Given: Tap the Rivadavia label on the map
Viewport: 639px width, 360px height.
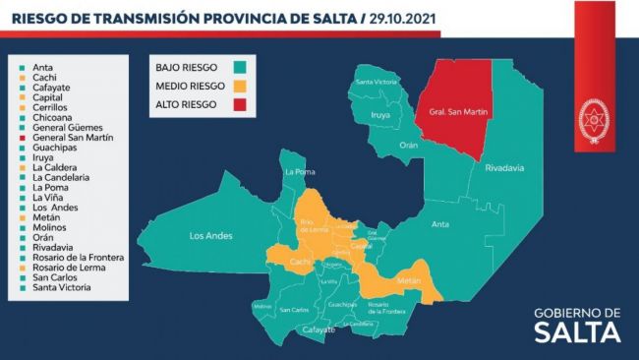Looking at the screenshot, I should point(502,167).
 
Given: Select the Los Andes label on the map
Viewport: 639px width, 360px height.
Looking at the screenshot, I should point(210,236).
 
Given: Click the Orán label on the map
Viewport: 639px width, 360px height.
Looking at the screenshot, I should point(408,145).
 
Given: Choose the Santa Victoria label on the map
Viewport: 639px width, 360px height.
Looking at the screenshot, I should point(377,82).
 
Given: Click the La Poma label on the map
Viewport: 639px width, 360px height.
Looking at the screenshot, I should point(298,173).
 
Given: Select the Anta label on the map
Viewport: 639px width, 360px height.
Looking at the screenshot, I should point(440,224).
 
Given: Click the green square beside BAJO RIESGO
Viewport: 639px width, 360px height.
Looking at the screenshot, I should point(240,69).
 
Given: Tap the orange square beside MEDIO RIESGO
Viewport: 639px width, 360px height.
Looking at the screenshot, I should point(240,87).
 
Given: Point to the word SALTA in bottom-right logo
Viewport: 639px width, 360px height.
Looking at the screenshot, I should point(577,332).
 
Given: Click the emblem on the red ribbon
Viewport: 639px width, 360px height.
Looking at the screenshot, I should point(592,118).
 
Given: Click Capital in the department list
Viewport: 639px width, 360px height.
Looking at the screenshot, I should point(50,98).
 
